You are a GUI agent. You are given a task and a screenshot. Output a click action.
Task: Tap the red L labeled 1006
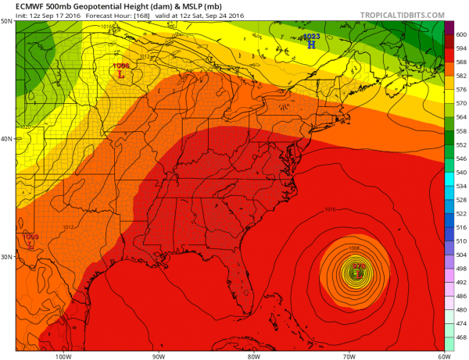tap(120, 76)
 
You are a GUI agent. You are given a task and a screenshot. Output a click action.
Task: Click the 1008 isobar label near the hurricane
tap(354, 248)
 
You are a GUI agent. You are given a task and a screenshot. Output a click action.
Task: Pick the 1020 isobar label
tap(23, 127)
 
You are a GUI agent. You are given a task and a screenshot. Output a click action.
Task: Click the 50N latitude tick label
tap(7, 21)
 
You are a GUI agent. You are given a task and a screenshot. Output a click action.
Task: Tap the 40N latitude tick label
tap(7, 139)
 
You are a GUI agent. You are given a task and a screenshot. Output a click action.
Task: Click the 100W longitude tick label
tap(63, 357)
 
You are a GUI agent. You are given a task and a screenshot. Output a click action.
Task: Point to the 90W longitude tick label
tap(159, 357)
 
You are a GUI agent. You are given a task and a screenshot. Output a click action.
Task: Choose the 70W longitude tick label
tap(348, 357)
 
